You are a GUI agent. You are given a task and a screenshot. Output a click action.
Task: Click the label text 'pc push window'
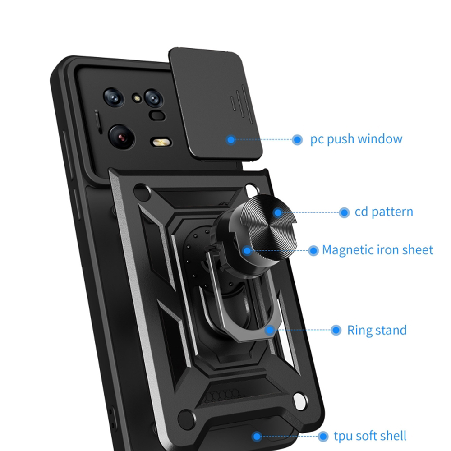click(356, 139)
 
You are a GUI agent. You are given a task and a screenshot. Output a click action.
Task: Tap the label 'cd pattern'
click(384, 212)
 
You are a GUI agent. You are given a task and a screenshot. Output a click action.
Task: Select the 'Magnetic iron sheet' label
click(377, 250)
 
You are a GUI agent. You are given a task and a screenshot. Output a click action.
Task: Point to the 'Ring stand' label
click(377, 330)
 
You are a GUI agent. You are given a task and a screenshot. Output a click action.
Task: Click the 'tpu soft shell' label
click(370, 436)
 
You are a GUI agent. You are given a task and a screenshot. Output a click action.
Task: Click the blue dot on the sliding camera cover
click(230, 140)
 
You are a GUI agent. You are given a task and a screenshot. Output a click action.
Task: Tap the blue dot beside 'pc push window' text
click(297, 140)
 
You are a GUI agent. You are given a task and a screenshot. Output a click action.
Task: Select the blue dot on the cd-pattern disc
click(278, 212)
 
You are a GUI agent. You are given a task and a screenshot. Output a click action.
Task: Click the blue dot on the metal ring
click(270, 330)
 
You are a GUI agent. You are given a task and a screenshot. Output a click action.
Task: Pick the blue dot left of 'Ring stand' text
click(336, 330)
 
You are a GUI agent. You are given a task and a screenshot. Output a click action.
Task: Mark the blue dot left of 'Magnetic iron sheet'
click(313, 250)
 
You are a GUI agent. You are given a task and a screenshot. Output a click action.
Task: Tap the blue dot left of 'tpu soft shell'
click(323, 436)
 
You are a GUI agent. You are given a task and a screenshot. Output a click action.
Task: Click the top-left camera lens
click(114, 97)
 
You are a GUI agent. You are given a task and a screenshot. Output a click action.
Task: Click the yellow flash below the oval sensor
click(161, 142)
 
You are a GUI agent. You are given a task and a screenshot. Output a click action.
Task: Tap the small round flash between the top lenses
click(137, 98)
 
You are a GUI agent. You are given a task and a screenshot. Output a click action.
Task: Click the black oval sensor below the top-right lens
click(157, 115)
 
